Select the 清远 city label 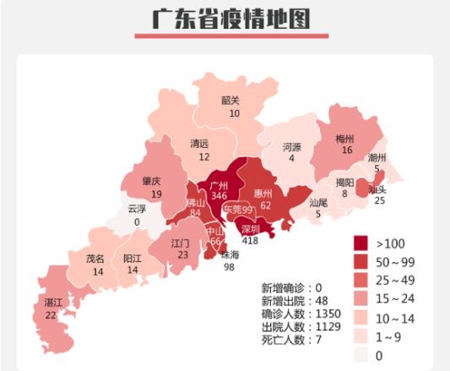[x=200, y=144]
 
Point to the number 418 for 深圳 [x=250, y=241]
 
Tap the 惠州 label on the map [x=263, y=193]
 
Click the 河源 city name [x=292, y=146]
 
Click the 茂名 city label [x=95, y=259]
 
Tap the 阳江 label [x=132, y=259]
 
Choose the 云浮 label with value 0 [x=137, y=210]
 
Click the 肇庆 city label [x=151, y=182]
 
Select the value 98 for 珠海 [x=230, y=267]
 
